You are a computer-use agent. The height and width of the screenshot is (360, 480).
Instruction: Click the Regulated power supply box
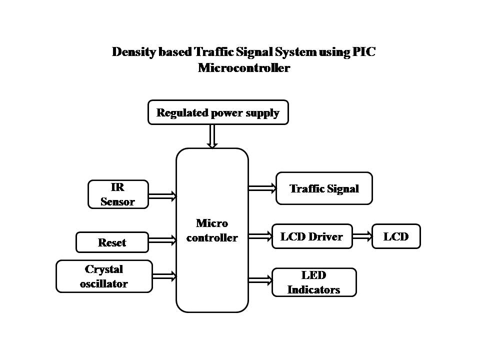pyautogui.click(x=218, y=112)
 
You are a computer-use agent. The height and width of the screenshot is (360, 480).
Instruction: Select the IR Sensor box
pyautogui.click(x=118, y=194)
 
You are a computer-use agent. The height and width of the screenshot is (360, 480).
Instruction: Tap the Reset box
pyautogui.click(x=112, y=242)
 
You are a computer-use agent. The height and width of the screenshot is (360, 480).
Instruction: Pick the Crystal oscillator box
pyautogui.click(x=104, y=276)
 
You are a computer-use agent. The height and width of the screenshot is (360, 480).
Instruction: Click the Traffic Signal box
pyautogui.click(x=324, y=188)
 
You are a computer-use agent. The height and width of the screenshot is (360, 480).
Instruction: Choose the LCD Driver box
pyautogui.click(x=311, y=236)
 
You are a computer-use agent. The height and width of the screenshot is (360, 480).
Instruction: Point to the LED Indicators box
pyautogui.click(x=314, y=282)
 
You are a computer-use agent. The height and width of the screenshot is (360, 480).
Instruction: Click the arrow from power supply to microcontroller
pyautogui.click(x=212, y=135)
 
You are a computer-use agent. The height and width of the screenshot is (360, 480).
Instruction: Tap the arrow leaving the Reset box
pyautogui.click(x=162, y=241)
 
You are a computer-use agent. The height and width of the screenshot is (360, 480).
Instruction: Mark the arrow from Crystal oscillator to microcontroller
pyautogui.click(x=164, y=275)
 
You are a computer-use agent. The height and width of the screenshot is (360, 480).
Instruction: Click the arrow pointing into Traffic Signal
pyautogui.click(x=262, y=188)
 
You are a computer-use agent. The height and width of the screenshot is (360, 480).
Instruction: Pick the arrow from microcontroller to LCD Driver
pyautogui.click(x=260, y=236)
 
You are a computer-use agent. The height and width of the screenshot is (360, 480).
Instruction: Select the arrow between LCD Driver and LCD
pyautogui.click(x=362, y=236)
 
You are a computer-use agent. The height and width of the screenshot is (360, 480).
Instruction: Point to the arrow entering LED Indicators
pyautogui.click(x=260, y=280)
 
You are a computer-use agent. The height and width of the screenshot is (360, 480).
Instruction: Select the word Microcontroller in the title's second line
pyautogui.click(x=243, y=68)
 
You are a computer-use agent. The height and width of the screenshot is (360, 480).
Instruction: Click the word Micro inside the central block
pyautogui.click(x=212, y=223)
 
